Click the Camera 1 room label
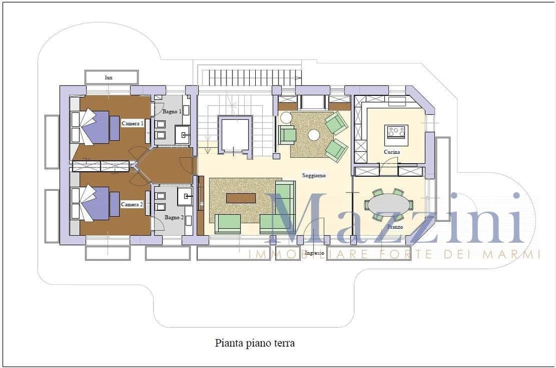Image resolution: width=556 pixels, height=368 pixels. tap(132, 124)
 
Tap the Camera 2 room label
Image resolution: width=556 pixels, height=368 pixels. tap(132, 204)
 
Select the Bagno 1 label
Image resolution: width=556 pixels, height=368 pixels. tap(172, 112)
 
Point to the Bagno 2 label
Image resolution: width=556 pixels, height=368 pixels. tap(174, 217)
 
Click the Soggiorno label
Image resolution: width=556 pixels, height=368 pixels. tap(314, 175)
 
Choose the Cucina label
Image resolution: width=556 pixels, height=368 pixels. tap(392, 152)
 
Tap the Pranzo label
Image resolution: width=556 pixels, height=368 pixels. tap(395, 227)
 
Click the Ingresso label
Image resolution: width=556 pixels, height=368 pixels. tap(314, 253)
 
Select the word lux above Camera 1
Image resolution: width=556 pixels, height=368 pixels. tap(109, 77)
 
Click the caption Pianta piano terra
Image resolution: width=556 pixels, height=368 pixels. tap(255, 343)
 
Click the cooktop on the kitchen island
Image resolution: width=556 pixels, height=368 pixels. tap(396, 132)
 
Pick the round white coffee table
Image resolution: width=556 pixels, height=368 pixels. tap(314, 135)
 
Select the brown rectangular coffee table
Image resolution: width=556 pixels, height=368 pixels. tap(241, 198)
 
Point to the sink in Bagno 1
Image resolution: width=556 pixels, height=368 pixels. tap(183, 135)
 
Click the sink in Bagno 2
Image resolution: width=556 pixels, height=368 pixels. tap(185, 196)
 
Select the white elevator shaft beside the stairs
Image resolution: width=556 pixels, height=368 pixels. tap(235, 135)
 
